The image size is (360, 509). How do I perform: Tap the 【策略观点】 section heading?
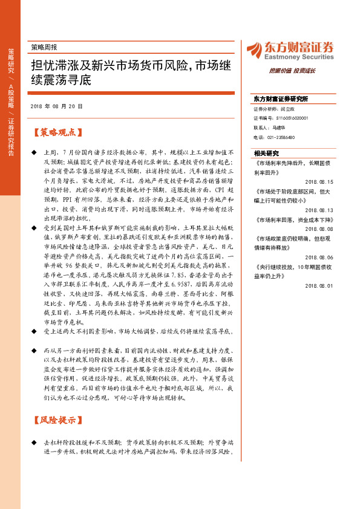(x=56, y=132)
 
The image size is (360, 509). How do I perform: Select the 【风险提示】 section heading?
(x=56, y=418)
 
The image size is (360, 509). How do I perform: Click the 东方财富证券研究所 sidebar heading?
(x=281, y=98)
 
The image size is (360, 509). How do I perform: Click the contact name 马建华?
(x=279, y=128)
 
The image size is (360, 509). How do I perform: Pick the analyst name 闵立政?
(x=279, y=109)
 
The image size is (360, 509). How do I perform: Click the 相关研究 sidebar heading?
(x=266, y=153)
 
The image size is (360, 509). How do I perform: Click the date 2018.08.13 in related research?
(x=320, y=210)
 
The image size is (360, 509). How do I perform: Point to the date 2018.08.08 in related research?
(x=320, y=229)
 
